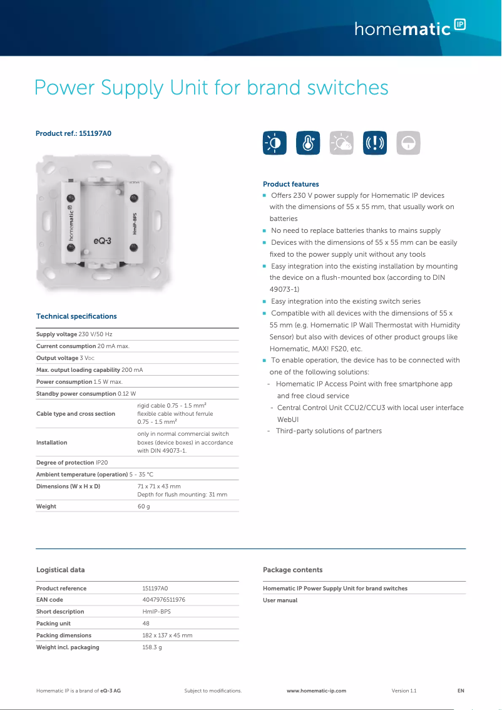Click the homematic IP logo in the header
(x=410, y=28)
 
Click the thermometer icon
(x=308, y=143)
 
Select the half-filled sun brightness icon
(x=275, y=143)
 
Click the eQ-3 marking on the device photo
(x=102, y=240)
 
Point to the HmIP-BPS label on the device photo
(x=135, y=224)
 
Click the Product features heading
(x=290, y=184)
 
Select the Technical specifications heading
(x=76, y=316)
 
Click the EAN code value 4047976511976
(x=163, y=600)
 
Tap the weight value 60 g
(x=143, y=506)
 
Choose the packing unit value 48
(x=146, y=624)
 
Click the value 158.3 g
(x=152, y=647)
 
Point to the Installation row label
(x=51, y=442)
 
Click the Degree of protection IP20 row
(x=72, y=463)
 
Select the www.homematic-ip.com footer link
(x=316, y=691)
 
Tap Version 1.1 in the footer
(x=404, y=691)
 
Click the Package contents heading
(x=292, y=570)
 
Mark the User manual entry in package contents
(x=280, y=600)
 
